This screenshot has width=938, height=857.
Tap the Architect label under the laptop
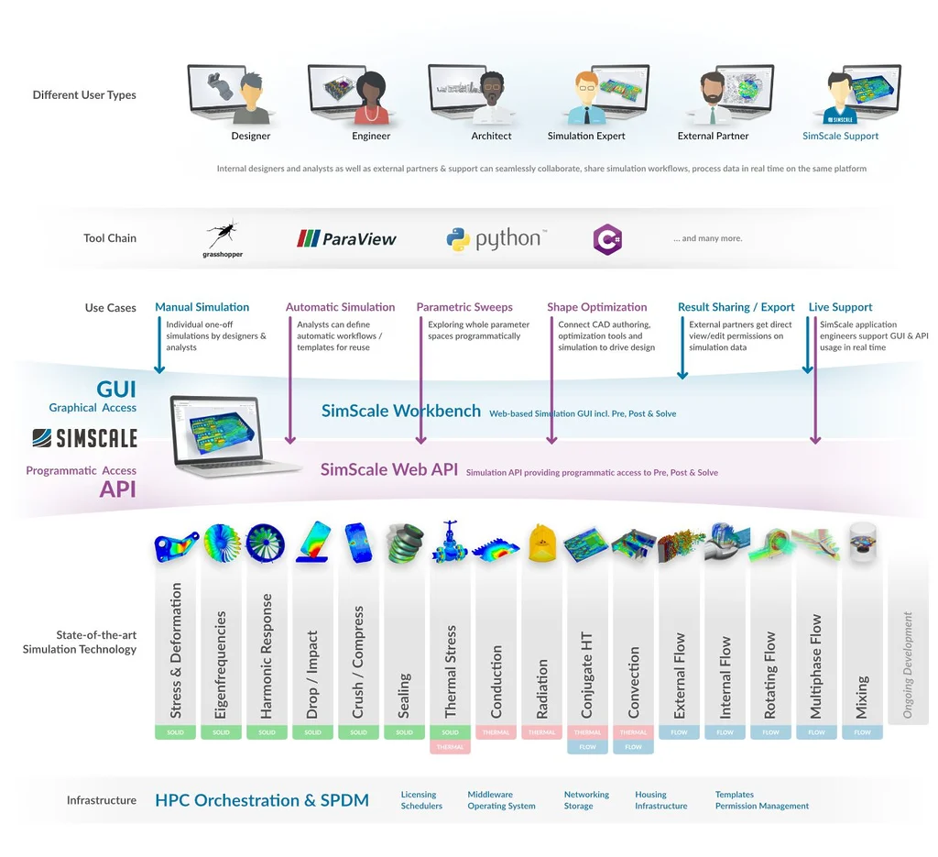[x=491, y=136]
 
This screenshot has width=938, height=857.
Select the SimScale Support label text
[x=840, y=136]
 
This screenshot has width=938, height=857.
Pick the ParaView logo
[x=346, y=239]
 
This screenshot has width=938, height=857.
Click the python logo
[x=496, y=239]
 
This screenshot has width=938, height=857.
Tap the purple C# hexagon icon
[x=607, y=239]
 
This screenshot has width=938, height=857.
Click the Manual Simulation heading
[x=202, y=307]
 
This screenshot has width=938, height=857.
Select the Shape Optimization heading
[x=596, y=307]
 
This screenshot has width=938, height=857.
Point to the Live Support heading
[x=840, y=307]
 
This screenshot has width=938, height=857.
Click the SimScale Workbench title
[x=400, y=411]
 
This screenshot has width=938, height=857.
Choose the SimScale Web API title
[x=388, y=470]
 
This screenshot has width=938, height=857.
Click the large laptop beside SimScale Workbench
[x=228, y=434]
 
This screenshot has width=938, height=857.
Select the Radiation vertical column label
[x=541, y=687]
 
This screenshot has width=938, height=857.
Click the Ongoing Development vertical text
[x=908, y=665]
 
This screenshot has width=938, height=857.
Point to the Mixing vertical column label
[x=862, y=697]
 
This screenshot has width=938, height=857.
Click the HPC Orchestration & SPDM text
[x=262, y=800]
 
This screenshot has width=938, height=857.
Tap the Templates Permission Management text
[x=761, y=800]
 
